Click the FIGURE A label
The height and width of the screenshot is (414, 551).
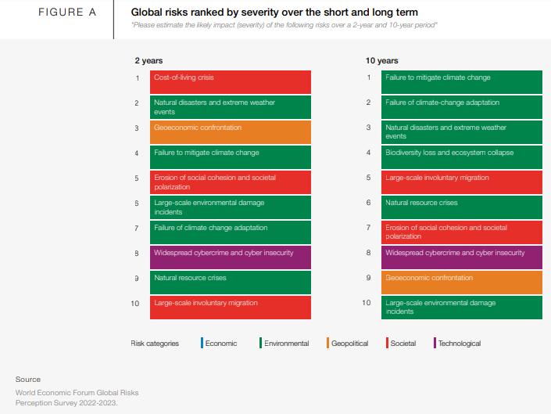pos(66,13)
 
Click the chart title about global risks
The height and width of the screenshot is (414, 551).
pos(274,13)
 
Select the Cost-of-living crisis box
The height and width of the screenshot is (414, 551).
pos(231,82)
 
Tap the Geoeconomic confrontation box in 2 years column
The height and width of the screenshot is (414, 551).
pos(231,132)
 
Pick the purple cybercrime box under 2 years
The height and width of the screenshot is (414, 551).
pos(231,257)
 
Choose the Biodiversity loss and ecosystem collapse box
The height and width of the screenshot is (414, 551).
pos(461,157)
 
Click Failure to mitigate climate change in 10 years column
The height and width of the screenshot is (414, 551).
pos(461,82)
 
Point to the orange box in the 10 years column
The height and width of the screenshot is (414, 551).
pos(461,283)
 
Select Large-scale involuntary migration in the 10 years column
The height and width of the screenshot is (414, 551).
pos(461,182)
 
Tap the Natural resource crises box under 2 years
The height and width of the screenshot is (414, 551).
pos(231,283)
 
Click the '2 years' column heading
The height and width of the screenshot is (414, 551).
pos(148,60)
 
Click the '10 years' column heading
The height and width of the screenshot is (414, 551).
pos(381,60)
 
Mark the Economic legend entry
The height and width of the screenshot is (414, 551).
pos(220,344)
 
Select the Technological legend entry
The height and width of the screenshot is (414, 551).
pos(459,344)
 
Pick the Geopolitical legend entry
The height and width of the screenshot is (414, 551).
pos(349,344)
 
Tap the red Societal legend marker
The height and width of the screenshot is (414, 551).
pos(387,344)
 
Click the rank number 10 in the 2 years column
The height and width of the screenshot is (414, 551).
pos(136,303)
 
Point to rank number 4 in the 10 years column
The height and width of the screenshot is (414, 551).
pos(369,153)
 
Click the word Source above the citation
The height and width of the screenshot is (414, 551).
pos(28,379)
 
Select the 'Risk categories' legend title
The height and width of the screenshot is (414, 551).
pos(155,344)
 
